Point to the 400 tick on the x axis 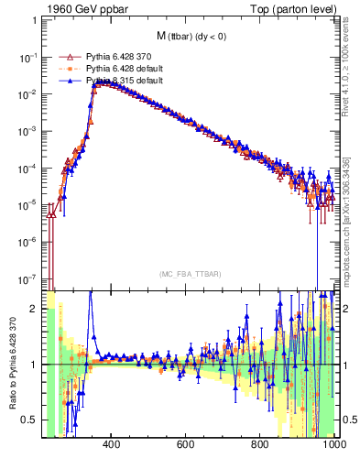[x=112, y=445]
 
